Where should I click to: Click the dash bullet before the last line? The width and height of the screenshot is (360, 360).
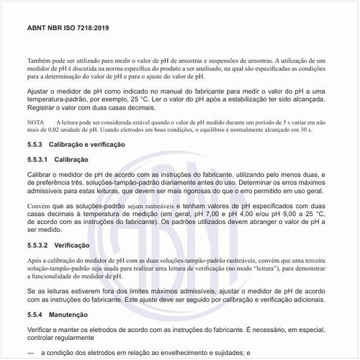click(x=30, y=353)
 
